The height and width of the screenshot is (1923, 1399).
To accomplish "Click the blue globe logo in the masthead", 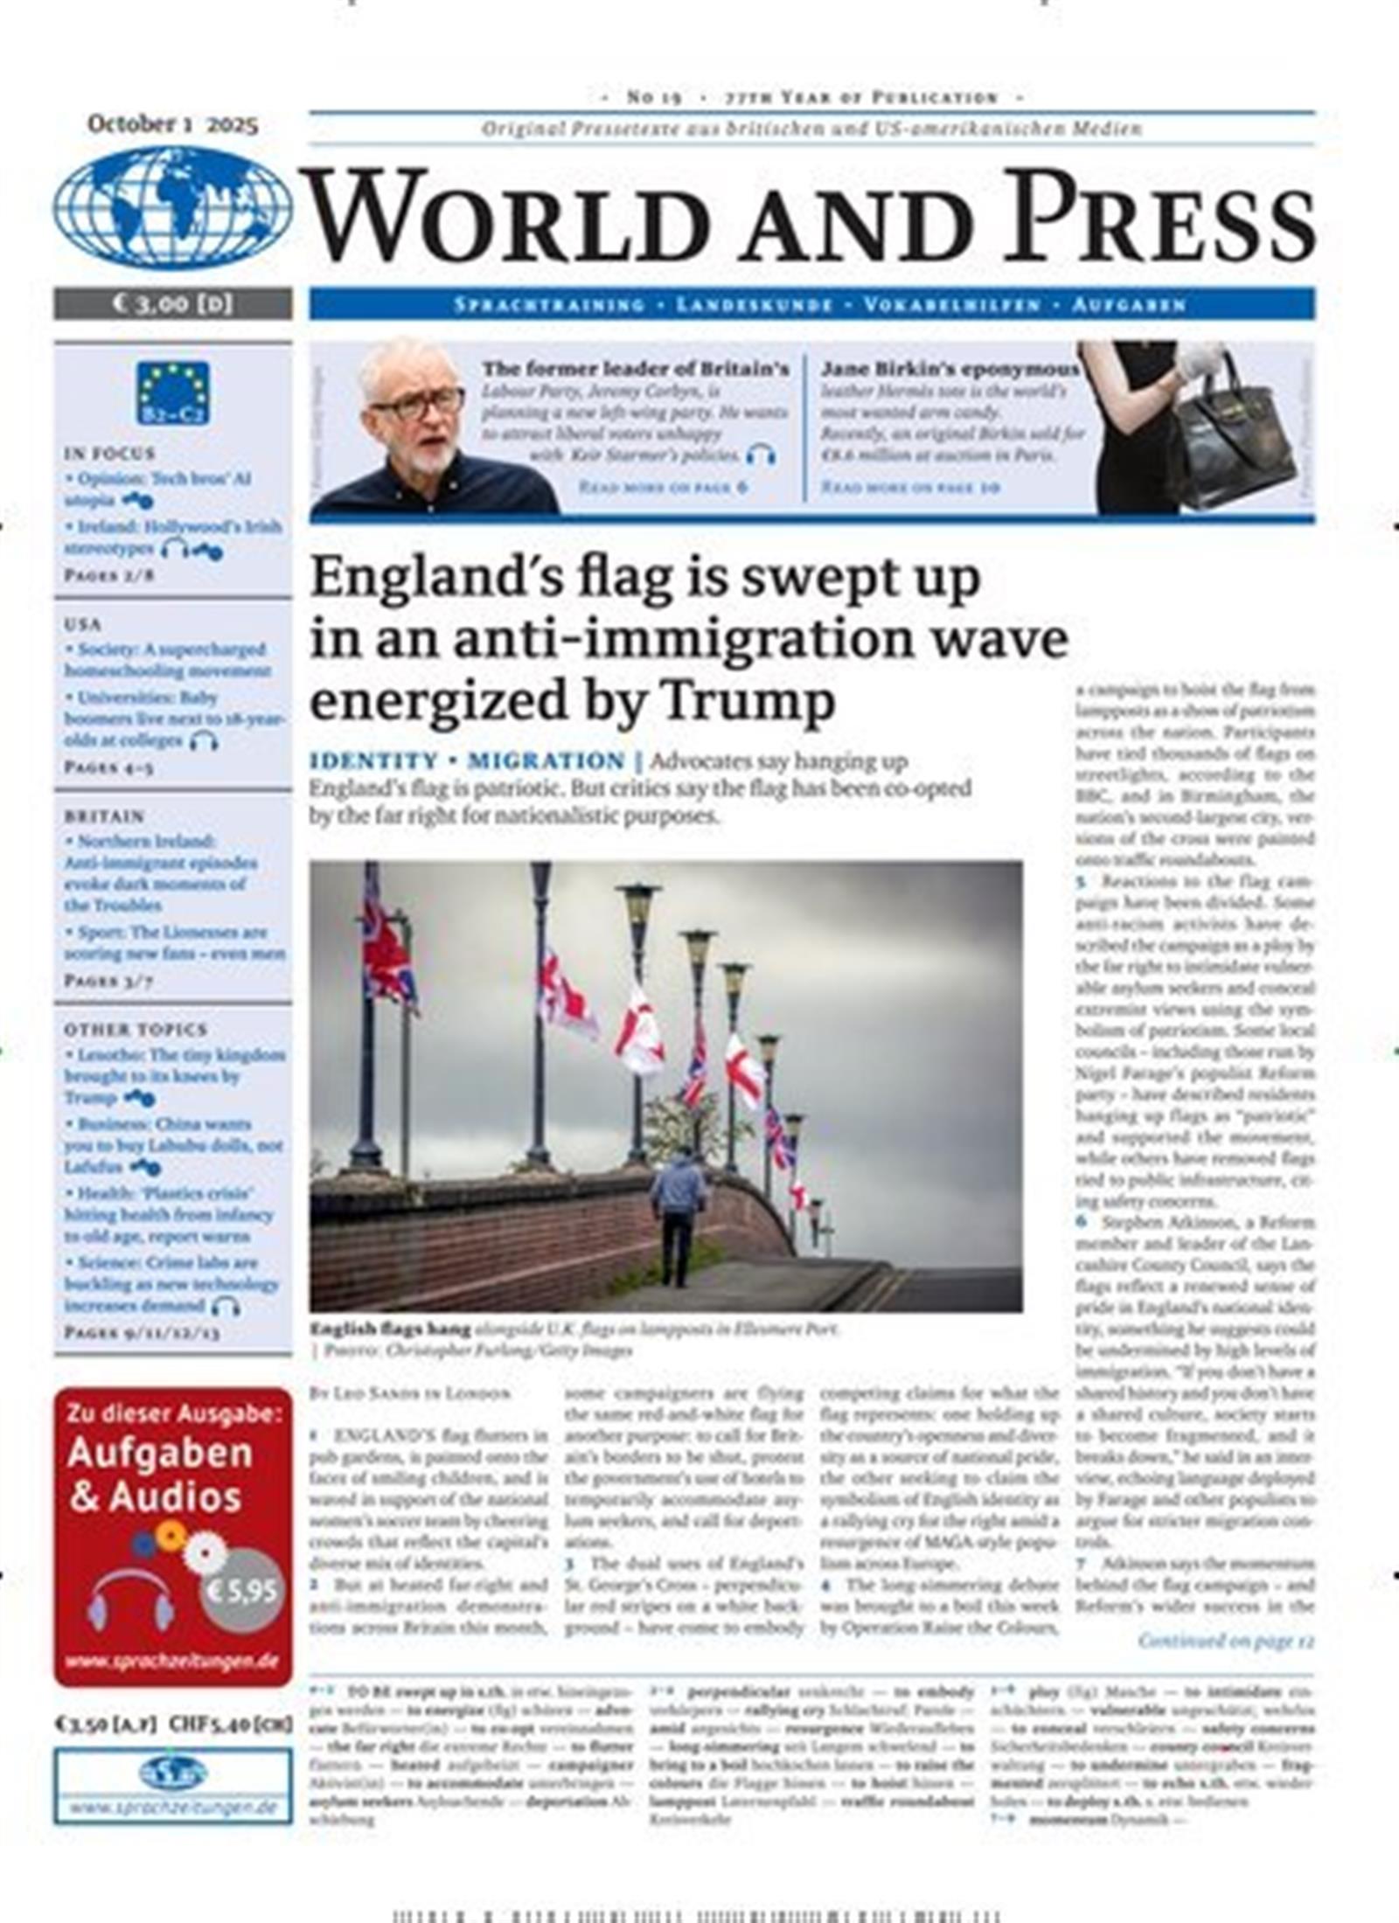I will (172, 208).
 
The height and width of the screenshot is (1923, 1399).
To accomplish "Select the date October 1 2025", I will (172, 124).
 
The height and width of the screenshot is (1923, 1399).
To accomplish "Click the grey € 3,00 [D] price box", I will (172, 304).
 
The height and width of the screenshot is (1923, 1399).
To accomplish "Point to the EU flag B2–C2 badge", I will (172, 393).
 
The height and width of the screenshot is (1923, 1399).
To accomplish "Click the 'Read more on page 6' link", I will (663, 487).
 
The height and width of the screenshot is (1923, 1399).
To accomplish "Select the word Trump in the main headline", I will (747, 702).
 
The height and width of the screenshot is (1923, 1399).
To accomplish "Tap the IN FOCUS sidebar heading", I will (109, 454).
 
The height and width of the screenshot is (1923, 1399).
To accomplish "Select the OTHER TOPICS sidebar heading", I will (135, 1030).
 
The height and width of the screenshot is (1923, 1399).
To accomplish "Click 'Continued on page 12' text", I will (1226, 1642).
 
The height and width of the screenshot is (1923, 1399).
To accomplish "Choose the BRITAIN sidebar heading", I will (103, 816).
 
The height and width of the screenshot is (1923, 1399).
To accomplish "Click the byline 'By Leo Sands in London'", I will (410, 1394).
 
